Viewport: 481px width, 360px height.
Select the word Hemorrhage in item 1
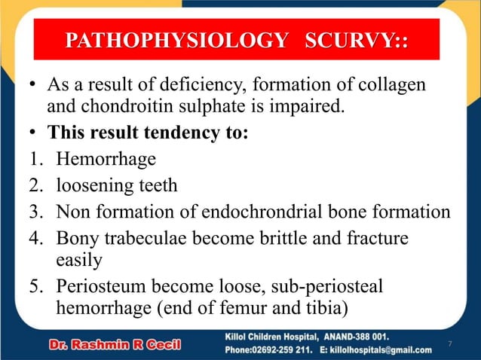(x=106, y=159)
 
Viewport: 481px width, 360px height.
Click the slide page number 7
(x=449, y=344)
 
